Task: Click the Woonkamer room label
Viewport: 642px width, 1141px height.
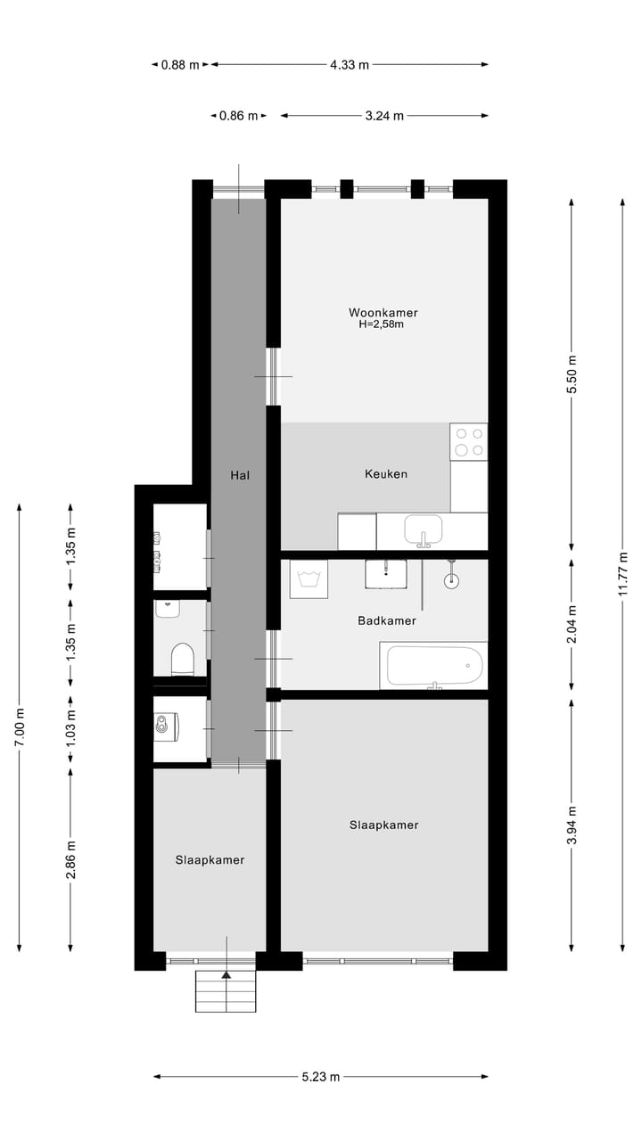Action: coord(383,312)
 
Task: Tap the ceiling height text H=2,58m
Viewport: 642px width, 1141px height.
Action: coord(381,324)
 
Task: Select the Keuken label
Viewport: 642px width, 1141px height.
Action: coord(385,473)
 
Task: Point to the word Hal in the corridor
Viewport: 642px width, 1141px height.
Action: coord(239,475)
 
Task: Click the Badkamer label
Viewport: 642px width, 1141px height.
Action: coord(386,620)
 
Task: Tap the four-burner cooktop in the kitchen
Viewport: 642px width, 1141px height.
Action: coord(469,441)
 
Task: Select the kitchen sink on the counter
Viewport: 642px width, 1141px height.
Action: coord(423,529)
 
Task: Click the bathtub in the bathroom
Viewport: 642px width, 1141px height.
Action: coord(433,666)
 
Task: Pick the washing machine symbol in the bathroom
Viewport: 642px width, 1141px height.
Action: coord(309,579)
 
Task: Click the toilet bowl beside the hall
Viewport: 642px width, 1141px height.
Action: coord(182,660)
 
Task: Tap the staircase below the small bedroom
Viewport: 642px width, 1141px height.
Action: coord(226,991)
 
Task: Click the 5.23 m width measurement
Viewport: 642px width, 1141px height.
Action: coord(320,1076)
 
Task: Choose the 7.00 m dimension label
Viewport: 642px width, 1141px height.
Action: coord(20,726)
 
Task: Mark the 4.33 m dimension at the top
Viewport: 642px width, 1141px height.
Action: coord(349,64)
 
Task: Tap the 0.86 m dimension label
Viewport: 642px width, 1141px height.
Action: coord(238,115)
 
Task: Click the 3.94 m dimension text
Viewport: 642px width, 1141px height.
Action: coord(572,825)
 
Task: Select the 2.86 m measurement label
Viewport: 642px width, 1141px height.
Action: coord(71,859)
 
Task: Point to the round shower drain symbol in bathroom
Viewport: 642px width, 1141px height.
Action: coord(453,579)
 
